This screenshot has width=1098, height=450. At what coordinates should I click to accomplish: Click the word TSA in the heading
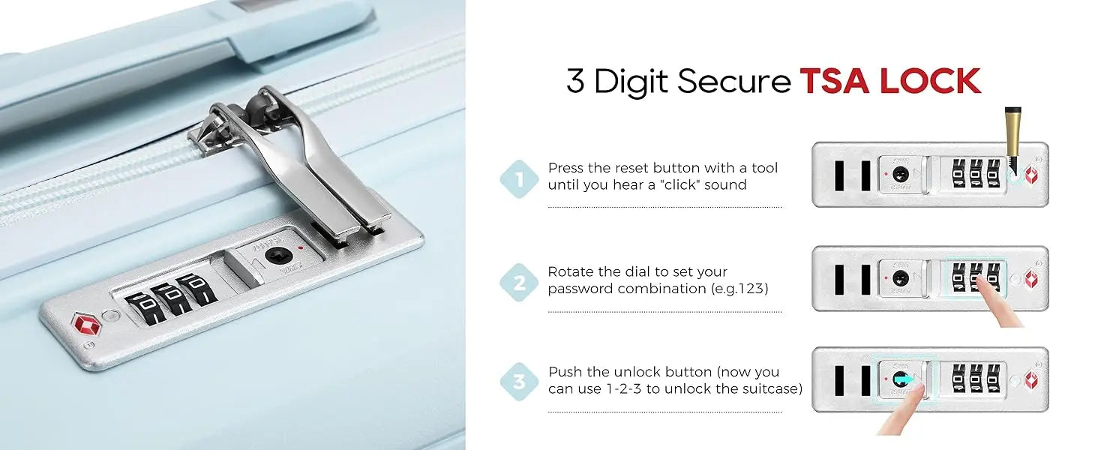click(x=835, y=80)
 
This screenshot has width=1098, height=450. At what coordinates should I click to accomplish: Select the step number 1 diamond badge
click(x=520, y=179)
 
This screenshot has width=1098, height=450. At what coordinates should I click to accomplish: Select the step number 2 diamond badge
click(x=520, y=283)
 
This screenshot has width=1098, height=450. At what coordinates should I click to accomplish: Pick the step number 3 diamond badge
click(x=520, y=382)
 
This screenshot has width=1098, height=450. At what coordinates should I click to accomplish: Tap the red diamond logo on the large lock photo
click(x=87, y=324)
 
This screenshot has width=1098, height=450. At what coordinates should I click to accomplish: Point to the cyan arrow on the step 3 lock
click(x=904, y=379)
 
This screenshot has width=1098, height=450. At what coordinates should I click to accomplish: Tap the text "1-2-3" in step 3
click(x=623, y=388)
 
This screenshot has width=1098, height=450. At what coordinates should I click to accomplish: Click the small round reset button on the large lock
click(x=111, y=315)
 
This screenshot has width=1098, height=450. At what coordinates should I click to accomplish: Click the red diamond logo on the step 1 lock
click(x=1031, y=175)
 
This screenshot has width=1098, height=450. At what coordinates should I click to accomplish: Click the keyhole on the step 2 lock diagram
click(x=901, y=278)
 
